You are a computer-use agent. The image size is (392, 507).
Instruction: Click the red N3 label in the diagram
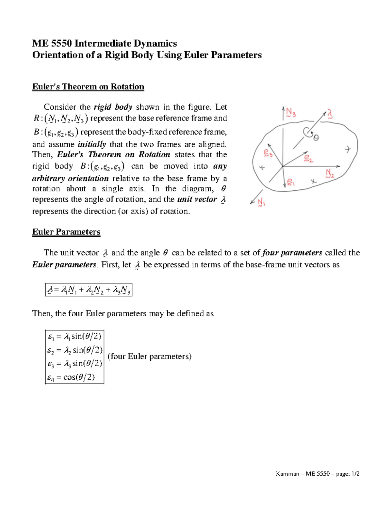coord(291,113)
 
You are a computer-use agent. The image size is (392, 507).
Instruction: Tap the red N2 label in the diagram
coord(330,173)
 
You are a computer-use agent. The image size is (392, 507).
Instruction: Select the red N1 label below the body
coord(261,203)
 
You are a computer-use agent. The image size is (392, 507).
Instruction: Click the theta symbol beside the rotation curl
coord(316,138)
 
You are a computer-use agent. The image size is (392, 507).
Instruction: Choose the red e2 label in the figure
coord(308,159)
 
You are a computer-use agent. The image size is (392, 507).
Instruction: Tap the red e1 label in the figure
coord(291,182)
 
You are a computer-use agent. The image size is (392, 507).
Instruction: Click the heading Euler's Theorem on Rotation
coord(88,87)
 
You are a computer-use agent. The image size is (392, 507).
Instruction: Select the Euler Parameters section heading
coord(66,232)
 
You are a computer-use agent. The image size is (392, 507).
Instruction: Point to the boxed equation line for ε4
coord(71,378)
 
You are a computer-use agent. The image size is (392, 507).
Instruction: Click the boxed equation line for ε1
coord(74,336)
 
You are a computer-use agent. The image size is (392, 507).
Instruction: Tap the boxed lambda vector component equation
coord(89,290)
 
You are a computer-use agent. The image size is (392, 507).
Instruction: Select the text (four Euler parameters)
coord(149,356)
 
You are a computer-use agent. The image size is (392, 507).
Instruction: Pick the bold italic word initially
coord(92,144)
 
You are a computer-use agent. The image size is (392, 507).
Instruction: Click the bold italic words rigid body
coord(113,107)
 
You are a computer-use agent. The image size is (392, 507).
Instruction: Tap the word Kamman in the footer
coord(287,474)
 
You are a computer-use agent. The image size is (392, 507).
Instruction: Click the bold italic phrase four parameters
coord(292,253)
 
